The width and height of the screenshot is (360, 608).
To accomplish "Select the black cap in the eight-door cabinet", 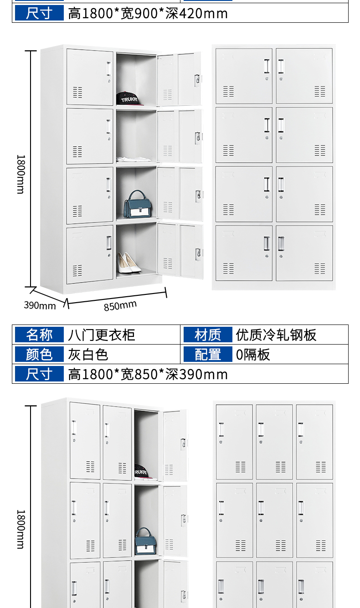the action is pos(129,98).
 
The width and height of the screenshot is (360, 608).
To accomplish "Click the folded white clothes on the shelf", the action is pos(134,159).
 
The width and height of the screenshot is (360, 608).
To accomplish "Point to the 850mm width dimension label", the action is pos(120,305).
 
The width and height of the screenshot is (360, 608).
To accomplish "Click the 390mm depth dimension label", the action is pos(40,305).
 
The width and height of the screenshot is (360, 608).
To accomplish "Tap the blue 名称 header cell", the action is pos(39,335).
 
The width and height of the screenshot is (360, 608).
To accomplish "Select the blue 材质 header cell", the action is pos(208,335).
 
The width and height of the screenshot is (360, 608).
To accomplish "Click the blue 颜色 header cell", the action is pos(39,354).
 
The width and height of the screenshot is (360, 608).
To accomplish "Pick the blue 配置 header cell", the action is pos(208,354).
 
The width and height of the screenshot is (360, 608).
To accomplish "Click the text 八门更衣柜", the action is pos(102,335).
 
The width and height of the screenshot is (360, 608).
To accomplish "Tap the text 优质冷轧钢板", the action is pos(276,335).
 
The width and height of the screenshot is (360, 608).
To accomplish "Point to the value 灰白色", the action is pos(88,355).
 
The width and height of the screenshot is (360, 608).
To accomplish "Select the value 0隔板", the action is pos(253,355).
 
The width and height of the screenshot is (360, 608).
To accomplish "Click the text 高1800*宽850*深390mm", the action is pos(148,374).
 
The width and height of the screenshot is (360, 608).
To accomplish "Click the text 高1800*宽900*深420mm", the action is pos(148,14).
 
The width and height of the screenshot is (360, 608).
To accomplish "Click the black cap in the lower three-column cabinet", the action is pos(141,471).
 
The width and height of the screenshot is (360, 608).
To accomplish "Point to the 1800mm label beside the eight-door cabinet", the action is pos(21,174).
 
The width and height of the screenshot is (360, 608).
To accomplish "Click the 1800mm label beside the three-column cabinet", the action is pos(21,529).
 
